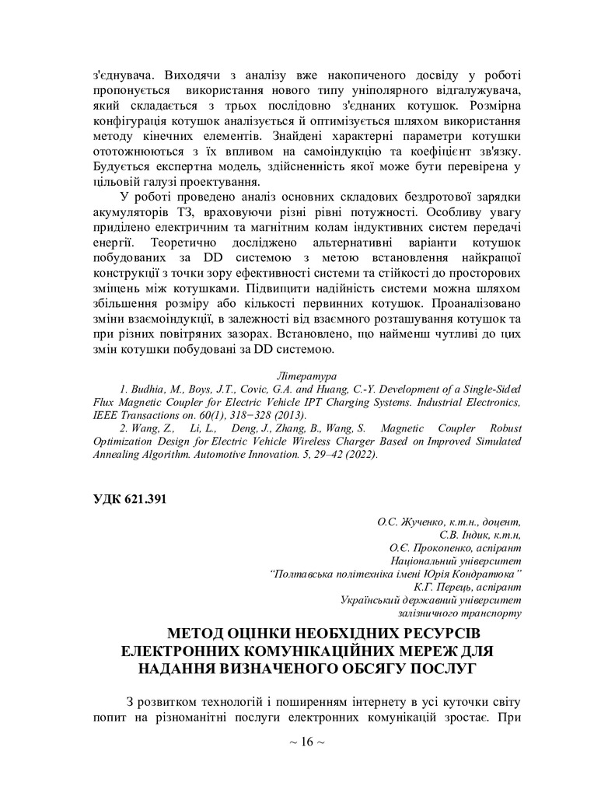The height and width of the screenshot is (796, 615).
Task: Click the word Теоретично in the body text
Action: (x=128, y=243)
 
